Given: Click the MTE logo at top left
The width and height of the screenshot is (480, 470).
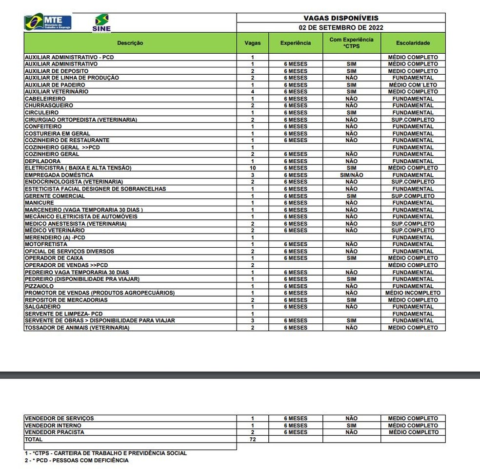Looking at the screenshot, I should click(48, 22).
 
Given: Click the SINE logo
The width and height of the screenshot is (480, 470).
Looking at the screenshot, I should click(101, 22).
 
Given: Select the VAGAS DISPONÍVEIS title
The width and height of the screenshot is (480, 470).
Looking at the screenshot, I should click(341, 18).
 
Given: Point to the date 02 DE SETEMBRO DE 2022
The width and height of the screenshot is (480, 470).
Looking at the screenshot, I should click(341, 27).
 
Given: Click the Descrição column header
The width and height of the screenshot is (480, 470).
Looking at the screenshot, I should click(130, 43).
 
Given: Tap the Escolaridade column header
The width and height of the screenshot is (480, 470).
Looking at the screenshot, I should click(413, 43).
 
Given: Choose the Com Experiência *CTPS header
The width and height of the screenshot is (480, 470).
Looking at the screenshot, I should click(351, 43).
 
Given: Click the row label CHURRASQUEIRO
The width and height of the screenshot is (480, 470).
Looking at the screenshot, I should click(49, 106).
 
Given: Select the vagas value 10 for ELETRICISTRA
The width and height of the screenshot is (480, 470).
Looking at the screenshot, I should click(253, 168).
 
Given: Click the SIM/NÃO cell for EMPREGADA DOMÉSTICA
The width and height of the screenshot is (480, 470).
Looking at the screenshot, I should click(351, 175).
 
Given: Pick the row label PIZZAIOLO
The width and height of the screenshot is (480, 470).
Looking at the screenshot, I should click(40, 286).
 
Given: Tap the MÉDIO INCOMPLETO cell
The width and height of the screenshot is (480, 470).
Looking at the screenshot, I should click(413, 293).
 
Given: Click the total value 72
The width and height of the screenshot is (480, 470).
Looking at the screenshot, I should click(253, 439).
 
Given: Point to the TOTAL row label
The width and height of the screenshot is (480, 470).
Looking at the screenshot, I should click(34, 439).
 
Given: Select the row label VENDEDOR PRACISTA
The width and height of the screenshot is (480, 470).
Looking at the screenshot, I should click(55, 432).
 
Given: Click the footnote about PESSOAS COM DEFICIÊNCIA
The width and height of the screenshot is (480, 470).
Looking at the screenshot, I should click(77, 460).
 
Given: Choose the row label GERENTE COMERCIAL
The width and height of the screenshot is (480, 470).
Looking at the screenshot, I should click(55, 196).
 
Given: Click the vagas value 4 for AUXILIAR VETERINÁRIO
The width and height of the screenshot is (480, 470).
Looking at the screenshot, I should click(253, 92).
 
